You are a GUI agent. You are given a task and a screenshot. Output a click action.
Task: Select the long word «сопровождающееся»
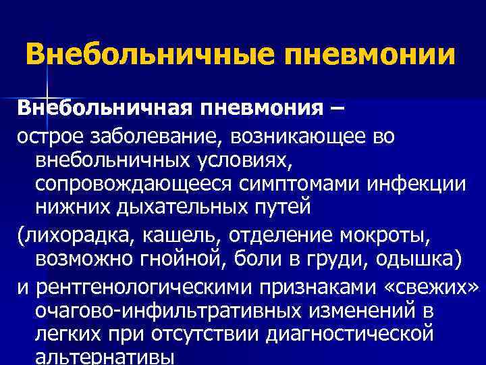[131, 184]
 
